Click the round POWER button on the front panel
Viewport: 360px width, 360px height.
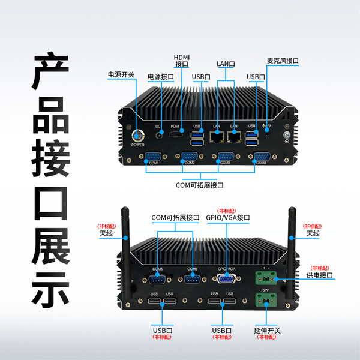pyautogui.click(x=138, y=135)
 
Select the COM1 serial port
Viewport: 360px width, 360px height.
pyautogui.click(x=151, y=158)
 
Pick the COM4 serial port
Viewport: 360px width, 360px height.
pyautogui.click(x=261, y=158)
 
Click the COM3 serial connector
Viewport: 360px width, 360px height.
pyautogui.click(x=225, y=158)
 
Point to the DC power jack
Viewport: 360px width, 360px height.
pyautogui.click(x=160, y=136)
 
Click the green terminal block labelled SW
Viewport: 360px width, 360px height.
pyautogui.click(x=265, y=299)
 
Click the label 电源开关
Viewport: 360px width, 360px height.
pyautogui.click(x=121, y=75)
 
